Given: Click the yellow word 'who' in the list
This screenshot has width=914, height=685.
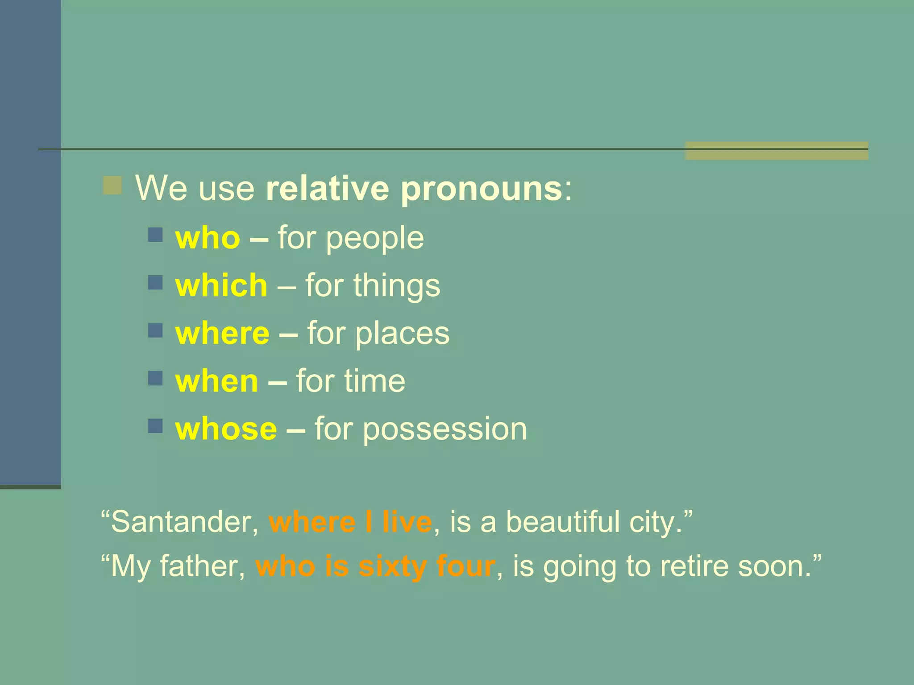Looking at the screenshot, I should (208, 238).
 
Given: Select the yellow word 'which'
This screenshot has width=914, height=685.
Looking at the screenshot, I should (221, 285).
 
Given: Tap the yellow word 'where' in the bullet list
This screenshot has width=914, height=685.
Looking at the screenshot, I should (222, 334).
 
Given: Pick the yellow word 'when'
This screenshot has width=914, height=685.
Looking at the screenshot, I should (216, 381).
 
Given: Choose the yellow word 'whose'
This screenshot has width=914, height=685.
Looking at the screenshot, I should (226, 429).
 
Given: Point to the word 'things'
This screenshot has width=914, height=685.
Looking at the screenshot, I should (397, 286).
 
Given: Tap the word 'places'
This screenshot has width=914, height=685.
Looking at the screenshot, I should (402, 334).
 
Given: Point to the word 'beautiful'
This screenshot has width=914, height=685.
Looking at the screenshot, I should (562, 522).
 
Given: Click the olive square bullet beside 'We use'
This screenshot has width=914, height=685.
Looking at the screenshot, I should (112, 186).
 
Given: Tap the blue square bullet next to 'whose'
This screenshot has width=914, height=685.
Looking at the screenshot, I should (155, 426).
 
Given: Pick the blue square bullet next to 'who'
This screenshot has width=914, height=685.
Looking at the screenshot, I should (155, 235).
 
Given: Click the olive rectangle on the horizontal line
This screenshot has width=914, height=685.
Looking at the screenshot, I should (776, 151).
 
